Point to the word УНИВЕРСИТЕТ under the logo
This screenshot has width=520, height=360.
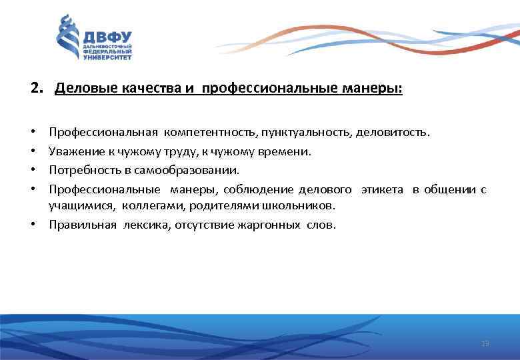[107, 57]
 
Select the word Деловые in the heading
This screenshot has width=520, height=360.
[79, 88]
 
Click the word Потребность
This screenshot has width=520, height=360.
[83, 169]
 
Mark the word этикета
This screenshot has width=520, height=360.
[382, 189]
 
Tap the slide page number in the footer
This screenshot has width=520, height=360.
[485, 343]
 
